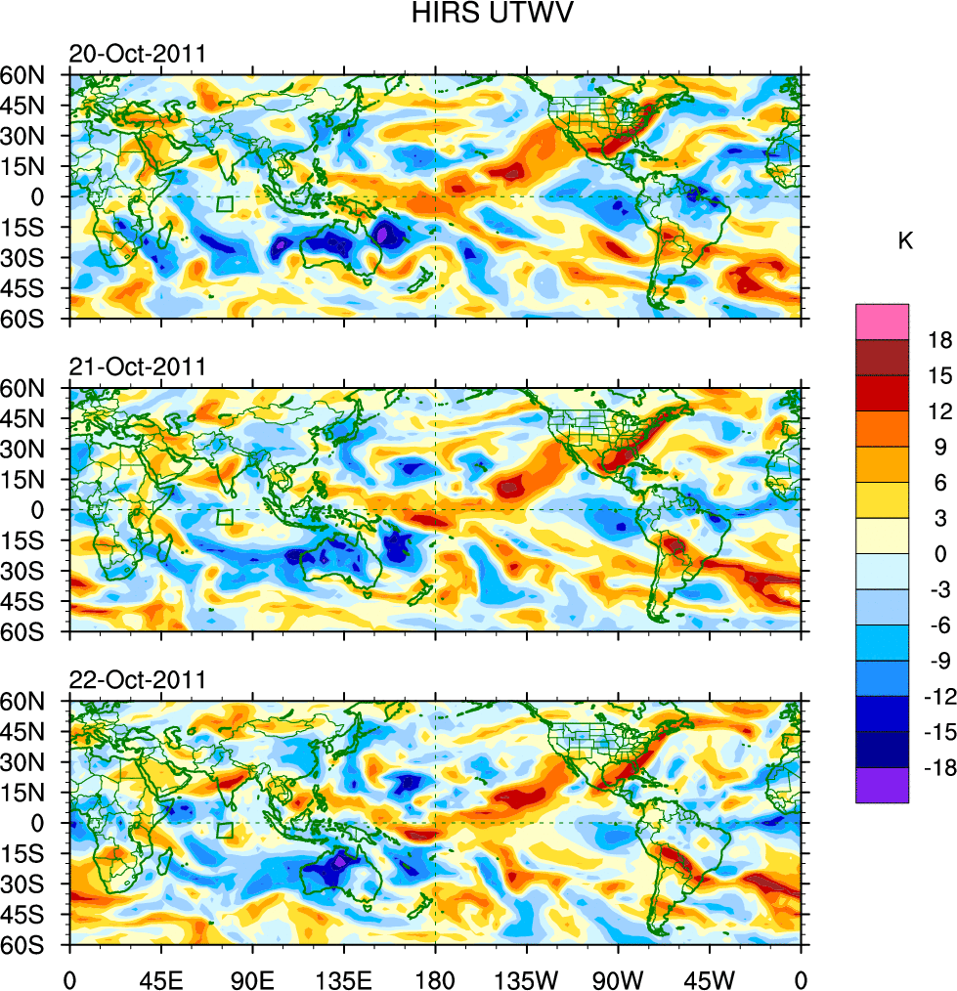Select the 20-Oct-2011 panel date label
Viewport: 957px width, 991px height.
(x=137, y=54)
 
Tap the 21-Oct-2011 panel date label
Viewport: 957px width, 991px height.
(x=137, y=367)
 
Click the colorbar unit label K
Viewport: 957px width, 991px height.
(x=905, y=240)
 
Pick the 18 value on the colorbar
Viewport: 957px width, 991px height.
(x=940, y=339)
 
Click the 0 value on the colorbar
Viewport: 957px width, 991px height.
(x=940, y=553)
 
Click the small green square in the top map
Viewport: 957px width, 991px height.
(x=225, y=204)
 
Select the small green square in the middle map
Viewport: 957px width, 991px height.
(x=225, y=518)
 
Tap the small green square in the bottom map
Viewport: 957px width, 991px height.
(x=225, y=831)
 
